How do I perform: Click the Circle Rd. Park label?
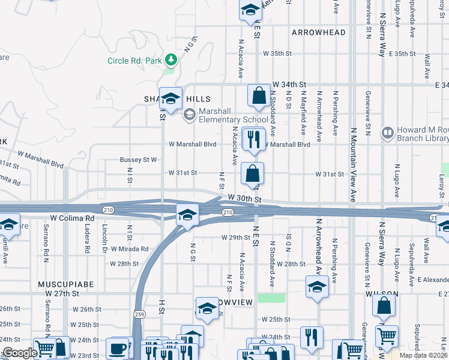[x=135, y=60]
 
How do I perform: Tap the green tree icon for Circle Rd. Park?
[x=172, y=59]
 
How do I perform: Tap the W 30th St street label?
[x=245, y=198]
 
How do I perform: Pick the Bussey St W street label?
[x=138, y=160]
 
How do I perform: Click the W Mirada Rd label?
[x=128, y=248]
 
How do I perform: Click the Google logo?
[x=20, y=353]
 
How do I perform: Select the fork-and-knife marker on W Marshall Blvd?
[x=253, y=139]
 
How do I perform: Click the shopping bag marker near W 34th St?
[x=259, y=96]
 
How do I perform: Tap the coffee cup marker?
[x=118, y=348]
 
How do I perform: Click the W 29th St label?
[x=235, y=238]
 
